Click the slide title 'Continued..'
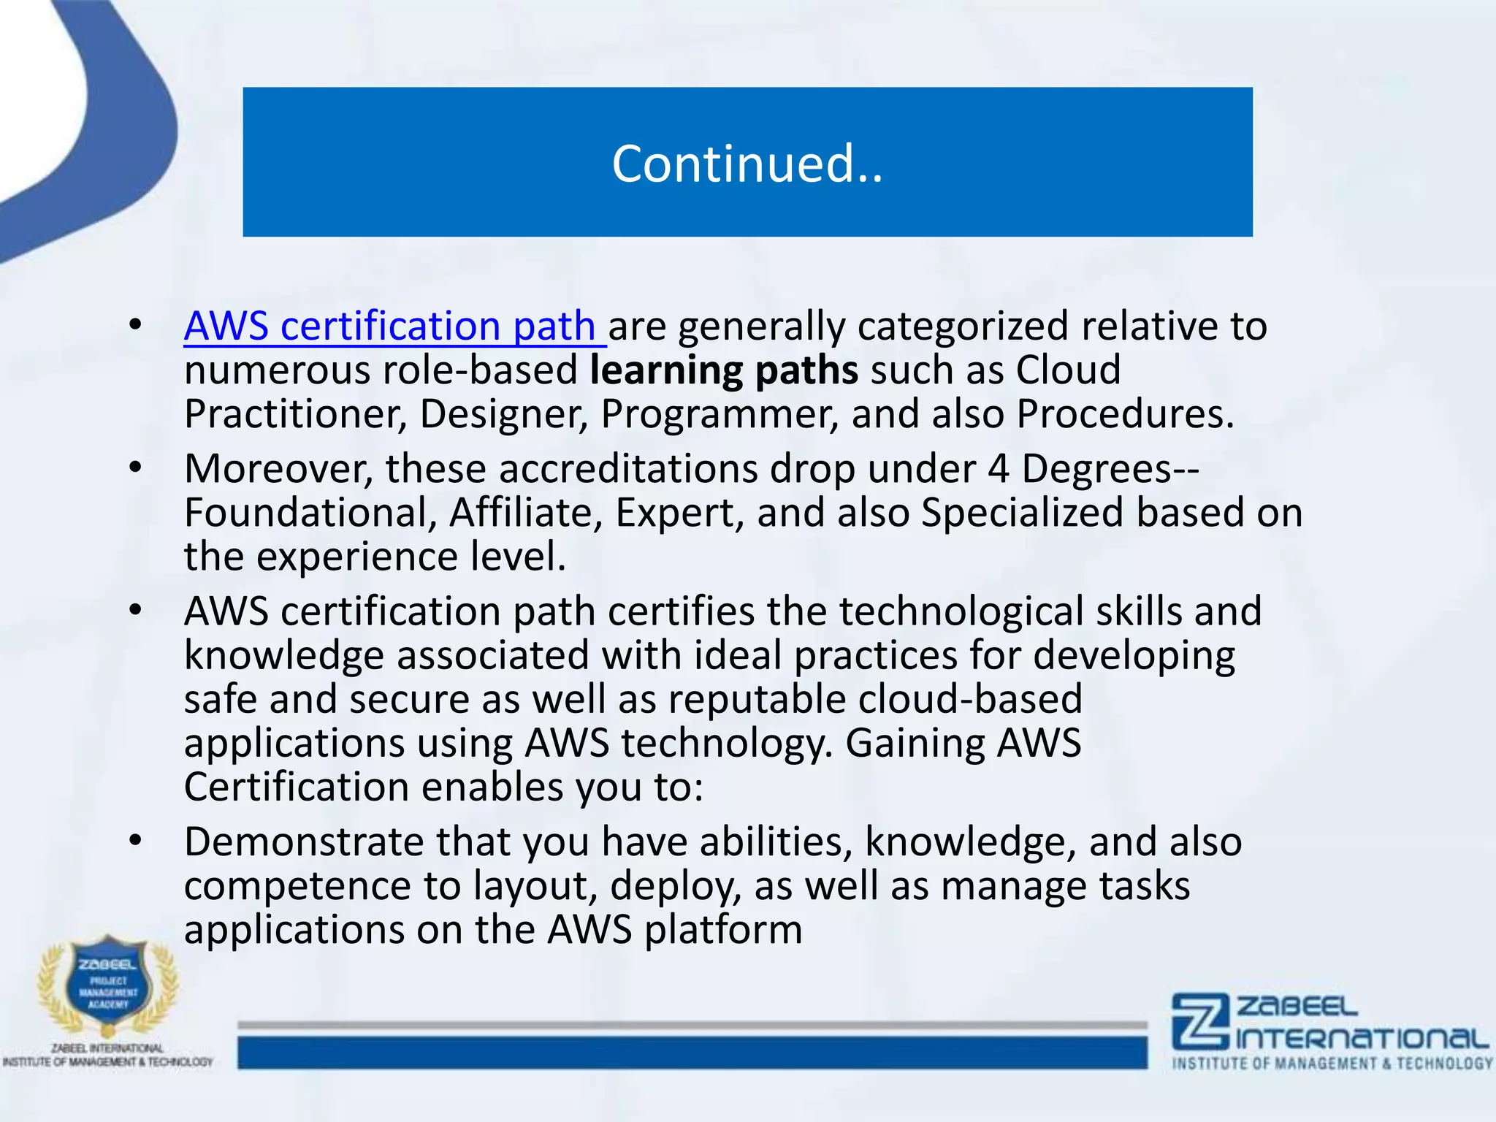coord(747,163)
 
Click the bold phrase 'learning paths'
coord(723,370)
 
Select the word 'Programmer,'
coord(719,414)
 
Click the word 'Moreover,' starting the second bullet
coord(278,469)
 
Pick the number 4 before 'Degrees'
coord(998,469)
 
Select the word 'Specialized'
coord(1021,513)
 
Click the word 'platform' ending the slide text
coord(722,930)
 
